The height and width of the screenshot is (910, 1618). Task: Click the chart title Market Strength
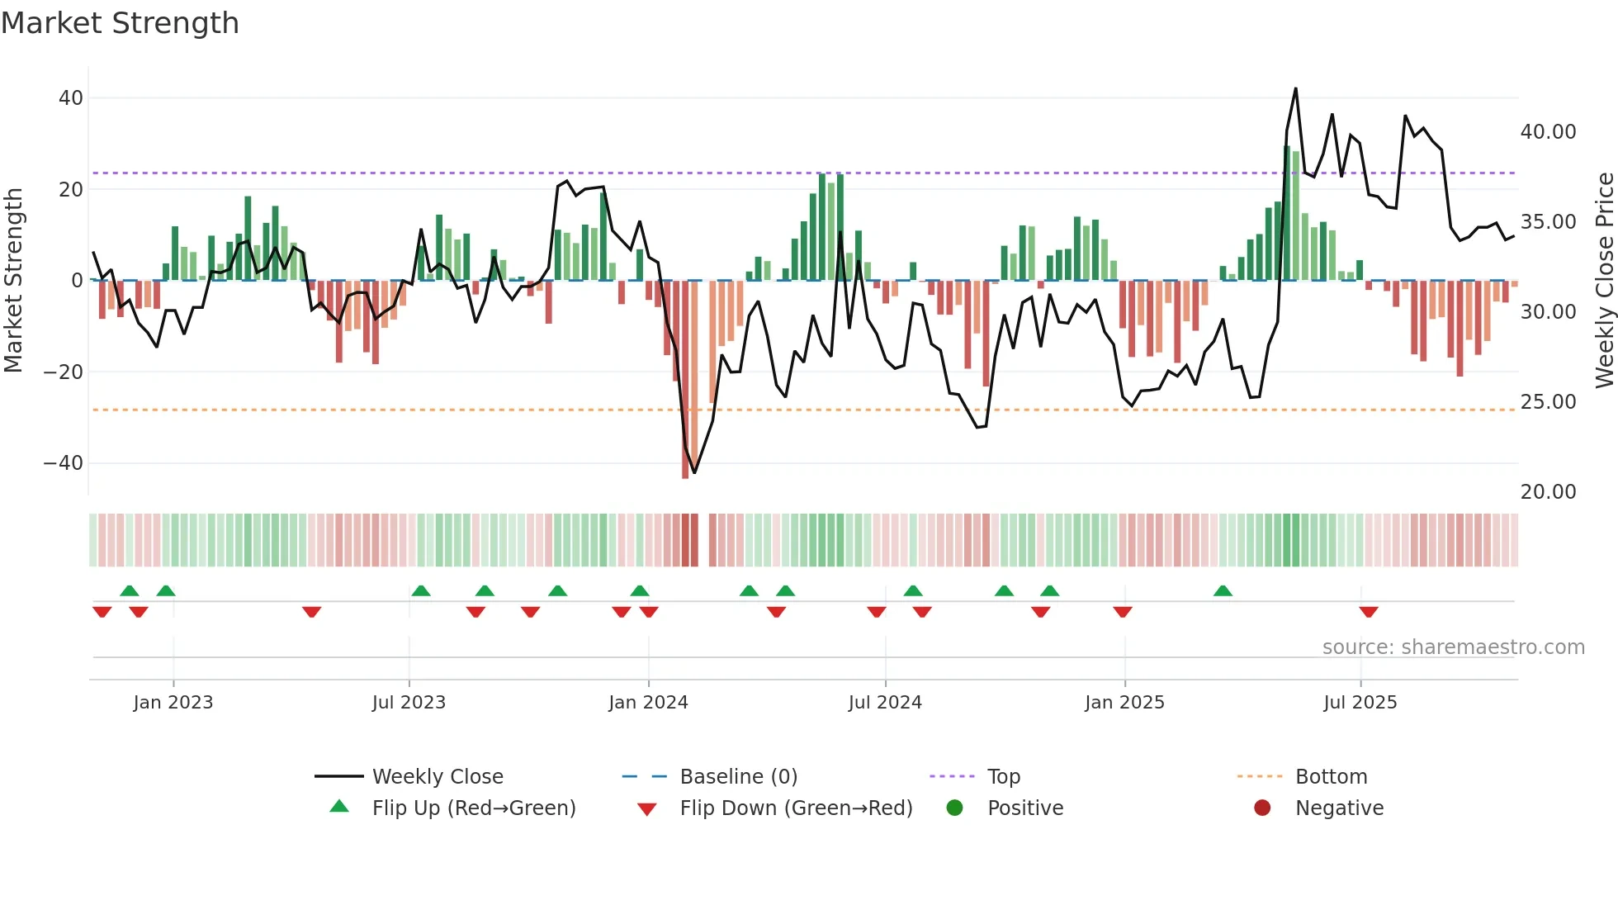(120, 23)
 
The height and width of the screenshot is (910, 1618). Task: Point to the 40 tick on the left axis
(70, 98)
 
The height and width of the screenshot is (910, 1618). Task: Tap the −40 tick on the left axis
(64, 463)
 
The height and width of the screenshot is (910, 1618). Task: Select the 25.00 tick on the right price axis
(1548, 402)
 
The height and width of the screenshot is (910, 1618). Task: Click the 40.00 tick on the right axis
(1548, 132)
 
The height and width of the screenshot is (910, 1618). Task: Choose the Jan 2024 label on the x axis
(648, 703)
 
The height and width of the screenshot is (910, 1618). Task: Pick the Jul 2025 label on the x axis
(1360, 703)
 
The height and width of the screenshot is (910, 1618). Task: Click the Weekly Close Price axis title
(1604, 281)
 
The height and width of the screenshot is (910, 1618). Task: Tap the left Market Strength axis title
(13, 281)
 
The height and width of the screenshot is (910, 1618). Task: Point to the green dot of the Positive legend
(955, 808)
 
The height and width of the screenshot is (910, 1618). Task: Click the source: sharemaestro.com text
(1453, 647)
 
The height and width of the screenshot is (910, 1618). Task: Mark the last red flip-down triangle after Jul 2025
(1369, 612)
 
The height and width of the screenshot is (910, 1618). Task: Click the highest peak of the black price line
(1295, 89)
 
